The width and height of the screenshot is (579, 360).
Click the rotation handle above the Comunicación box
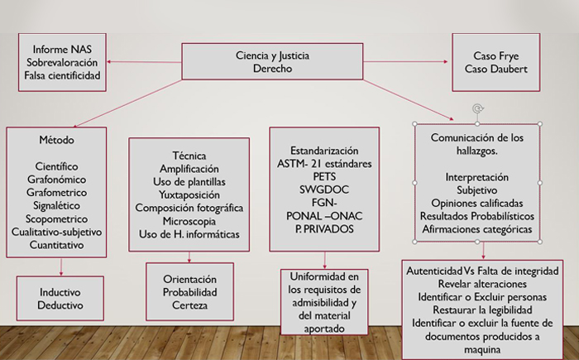pos(478,108)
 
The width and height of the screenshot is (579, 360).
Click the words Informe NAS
pos(62,49)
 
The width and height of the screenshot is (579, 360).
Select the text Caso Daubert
pos(496,69)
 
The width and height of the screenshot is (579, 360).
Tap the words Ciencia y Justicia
pos(272,55)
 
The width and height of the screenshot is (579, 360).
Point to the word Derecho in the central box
pos(272,69)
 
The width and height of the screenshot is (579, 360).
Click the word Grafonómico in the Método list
pos(56,180)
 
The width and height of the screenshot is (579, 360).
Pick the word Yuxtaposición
pos(189,194)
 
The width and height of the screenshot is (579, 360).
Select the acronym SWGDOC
pos(324,190)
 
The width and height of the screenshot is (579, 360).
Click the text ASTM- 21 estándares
pos(324,163)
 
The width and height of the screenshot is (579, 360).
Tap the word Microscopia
pos(189,221)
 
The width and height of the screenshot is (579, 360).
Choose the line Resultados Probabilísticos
pos(477,216)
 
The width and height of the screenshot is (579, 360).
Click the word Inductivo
pos(60,292)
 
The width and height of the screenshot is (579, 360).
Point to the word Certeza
pos(189,305)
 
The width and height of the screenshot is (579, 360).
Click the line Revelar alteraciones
pos(482,284)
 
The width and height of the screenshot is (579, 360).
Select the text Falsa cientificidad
pos(62,75)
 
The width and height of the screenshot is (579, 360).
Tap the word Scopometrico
pos(56,218)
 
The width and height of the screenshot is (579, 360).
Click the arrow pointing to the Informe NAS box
pos(144,62)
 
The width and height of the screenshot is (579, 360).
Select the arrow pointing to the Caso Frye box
pos(405,61)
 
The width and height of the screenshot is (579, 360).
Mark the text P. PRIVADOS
pos(324,229)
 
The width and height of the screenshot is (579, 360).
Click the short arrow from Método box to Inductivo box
pos(61,266)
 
